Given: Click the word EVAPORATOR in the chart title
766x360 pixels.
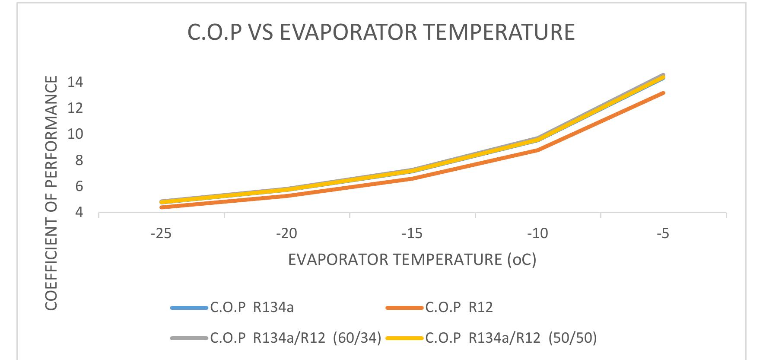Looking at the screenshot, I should coord(348,32).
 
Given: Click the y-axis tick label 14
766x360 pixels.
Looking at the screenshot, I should coord(75,82).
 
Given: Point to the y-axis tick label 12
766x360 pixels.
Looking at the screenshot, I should coord(75,108).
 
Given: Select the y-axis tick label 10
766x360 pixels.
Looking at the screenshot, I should coord(75,134).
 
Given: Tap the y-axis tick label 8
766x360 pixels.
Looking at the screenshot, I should coord(79,160).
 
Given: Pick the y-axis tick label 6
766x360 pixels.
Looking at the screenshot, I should coord(79,187).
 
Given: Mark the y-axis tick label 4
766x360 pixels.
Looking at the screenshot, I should coord(79,213).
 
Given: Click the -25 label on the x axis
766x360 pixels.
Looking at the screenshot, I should coord(161,234).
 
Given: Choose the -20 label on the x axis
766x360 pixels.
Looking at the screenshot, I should coord(287,234).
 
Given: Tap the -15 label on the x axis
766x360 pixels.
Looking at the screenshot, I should coord(412,234).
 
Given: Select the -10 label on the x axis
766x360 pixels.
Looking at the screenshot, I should coord(538,234).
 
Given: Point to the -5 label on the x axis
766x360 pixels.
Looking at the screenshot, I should coord(663,234).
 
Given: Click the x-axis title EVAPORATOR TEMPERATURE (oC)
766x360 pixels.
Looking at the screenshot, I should coord(412,260).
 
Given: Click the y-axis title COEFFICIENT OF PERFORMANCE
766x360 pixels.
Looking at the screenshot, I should coord(51,193).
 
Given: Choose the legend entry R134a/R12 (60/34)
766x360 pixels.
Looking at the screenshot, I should coord(296,338).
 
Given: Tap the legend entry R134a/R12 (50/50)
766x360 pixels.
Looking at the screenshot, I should coord(511,338).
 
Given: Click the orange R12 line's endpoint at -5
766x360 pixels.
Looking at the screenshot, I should coord(663,93).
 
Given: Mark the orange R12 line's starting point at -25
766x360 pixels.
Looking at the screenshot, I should coord(162,207).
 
